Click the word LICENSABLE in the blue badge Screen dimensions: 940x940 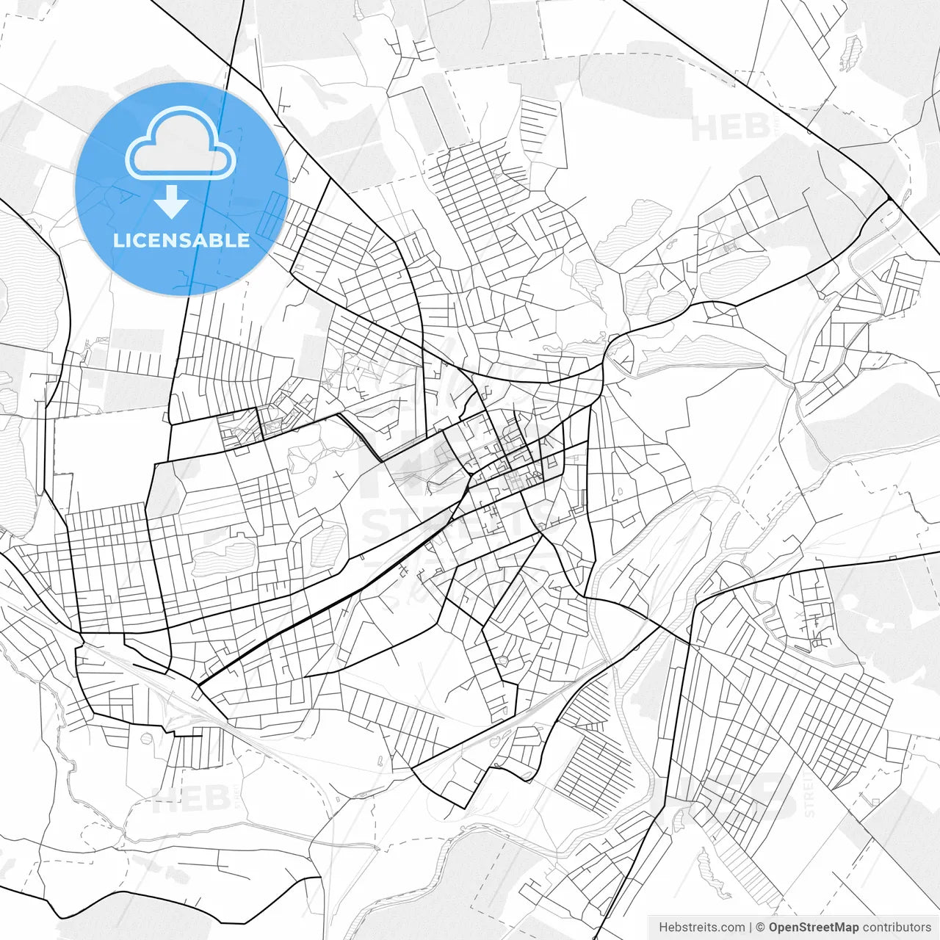(181, 241)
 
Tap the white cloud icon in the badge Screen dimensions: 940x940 (180, 145)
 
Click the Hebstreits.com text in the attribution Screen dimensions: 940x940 (701, 928)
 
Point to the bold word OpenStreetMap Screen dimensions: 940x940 (814, 928)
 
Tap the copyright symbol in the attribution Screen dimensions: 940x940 (761, 928)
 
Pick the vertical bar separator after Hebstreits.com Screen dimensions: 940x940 (751, 928)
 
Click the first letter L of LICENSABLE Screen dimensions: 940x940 (118, 241)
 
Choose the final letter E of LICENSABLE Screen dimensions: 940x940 (244, 241)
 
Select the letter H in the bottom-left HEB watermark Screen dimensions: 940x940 (163, 798)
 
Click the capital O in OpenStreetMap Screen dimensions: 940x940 (774, 928)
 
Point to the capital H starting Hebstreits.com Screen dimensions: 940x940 (663, 928)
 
